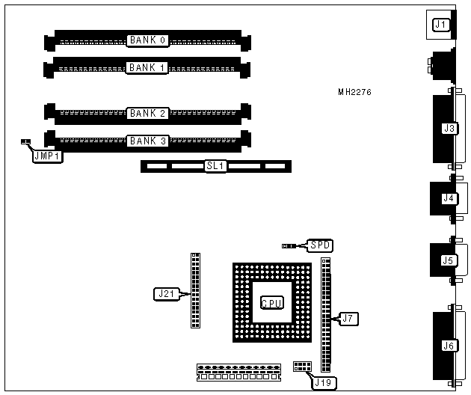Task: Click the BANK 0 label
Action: [x=147, y=40]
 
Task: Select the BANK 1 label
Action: [x=147, y=67]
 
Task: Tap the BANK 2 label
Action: [x=147, y=114]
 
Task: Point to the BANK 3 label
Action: [x=147, y=141]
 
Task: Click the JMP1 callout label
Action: [x=46, y=157]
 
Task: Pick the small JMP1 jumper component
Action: [x=25, y=141]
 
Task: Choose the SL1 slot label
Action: [x=215, y=166]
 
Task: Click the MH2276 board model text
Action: [x=354, y=93]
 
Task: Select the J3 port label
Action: [x=449, y=129]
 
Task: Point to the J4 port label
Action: [x=449, y=198]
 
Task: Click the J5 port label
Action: [x=448, y=260]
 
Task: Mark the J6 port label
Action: [x=449, y=346]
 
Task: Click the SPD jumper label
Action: [x=321, y=245]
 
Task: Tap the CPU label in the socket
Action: [x=271, y=303]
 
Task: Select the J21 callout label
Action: [x=164, y=293]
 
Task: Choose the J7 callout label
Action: [x=347, y=319]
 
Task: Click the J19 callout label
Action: [x=324, y=382]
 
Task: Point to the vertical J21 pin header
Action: [x=195, y=290]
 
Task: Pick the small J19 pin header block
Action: [x=301, y=366]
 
